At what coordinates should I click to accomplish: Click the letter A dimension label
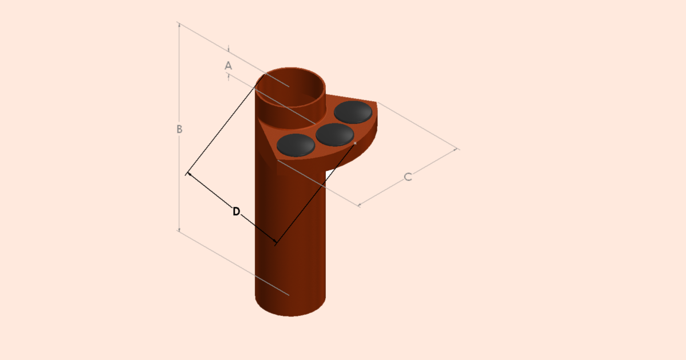point(228,66)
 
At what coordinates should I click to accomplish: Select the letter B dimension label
point(179,130)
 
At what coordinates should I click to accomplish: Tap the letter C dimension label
point(408,177)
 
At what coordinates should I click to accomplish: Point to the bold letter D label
point(236,211)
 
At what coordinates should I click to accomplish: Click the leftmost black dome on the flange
point(296,145)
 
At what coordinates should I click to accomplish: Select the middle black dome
point(334,134)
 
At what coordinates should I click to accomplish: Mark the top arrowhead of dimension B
point(179,24)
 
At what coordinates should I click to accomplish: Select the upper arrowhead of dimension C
point(457,150)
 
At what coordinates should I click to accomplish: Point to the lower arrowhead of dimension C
point(360,204)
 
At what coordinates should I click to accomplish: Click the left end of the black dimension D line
point(188,173)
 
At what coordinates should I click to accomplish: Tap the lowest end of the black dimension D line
point(276,243)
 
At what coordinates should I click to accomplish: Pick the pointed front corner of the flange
point(277,159)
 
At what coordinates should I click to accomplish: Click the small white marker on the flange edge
point(355,143)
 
